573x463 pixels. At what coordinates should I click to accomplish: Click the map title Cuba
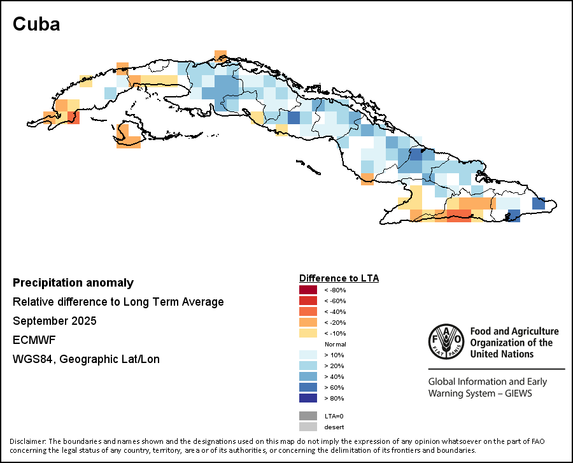[x=36, y=25]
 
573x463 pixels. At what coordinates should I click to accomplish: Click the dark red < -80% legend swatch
[x=308, y=290]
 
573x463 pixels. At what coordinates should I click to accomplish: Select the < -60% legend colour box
[x=308, y=301]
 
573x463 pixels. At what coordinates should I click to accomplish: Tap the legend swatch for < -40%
[x=308, y=312]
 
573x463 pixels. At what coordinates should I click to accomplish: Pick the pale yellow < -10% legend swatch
[x=308, y=333]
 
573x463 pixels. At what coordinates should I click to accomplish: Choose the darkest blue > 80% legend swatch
[x=308, y=398]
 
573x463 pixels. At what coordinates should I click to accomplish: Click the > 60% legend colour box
[x=308, y=387]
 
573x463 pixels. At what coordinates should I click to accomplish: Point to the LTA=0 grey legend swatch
[x=308, y=416]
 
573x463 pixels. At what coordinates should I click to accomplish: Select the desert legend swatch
[x=308, y=427]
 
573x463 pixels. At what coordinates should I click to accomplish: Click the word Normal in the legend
[x=336, y=344]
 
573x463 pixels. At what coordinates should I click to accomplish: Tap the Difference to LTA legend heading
[x=339, y=278]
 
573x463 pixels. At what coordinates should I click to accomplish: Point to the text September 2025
[x=55, y=321]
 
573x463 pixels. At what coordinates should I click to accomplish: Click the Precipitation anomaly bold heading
[x=73, y=283]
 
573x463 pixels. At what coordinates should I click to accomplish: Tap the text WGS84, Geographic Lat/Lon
[x=86, y=359]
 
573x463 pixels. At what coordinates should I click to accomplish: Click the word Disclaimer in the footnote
[x=27, y=441]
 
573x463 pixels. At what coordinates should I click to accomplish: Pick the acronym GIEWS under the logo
[x=515, y=394]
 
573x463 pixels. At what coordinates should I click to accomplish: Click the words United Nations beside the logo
[x=502, y=354]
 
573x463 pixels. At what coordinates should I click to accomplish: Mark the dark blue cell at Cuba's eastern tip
[x=538, y=204]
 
